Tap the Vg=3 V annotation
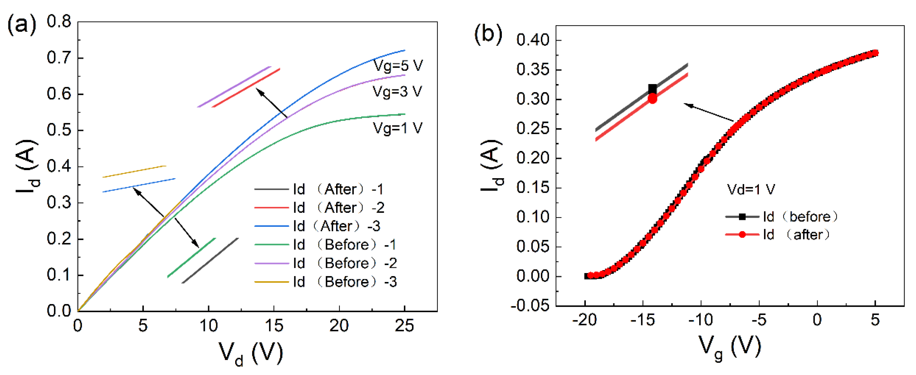coord(397,92)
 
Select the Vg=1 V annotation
coord(397,128)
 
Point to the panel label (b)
coord(488,35)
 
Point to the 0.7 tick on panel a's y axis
coord(59,58)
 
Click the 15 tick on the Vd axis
coord(274,326)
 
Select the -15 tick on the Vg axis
coord(643,320)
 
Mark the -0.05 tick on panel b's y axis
coord(530,306)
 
